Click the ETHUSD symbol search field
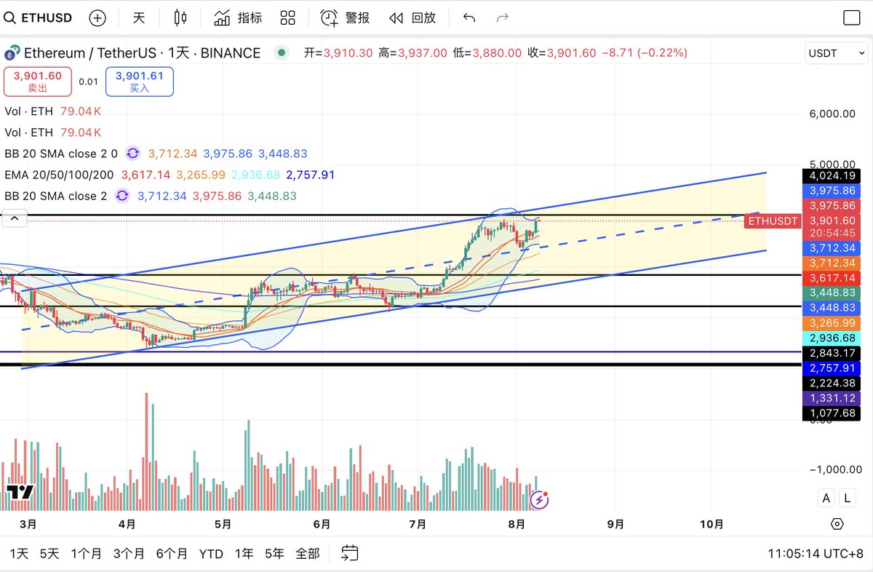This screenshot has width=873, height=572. pyautogui.click(x=45, y=17)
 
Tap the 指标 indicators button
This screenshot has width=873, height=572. pyautogui.click(x=239, y=17)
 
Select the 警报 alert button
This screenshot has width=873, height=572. pyautogui.click(x=346, y=17)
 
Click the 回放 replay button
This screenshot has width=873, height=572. pyautogui.click(x=412, y=17)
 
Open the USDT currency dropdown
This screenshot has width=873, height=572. pyautogui.click(x=836, y=53)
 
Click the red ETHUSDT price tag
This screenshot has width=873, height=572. pyautogui.click(x=773, y=221)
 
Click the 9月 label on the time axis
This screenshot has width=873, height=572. pyautogui.click(x=615, y=524)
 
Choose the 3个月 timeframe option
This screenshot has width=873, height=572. pyautogui.click(x=129, y=554)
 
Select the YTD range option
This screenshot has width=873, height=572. pyautogui.click(x=211, y=554)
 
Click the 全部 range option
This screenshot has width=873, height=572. pyautogui.click(x=307, y=554)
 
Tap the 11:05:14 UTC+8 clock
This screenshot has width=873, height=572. pyautogui.click(x=815, y=554)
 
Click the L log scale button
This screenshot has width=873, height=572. pyautogui.click(x=847, y=498)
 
